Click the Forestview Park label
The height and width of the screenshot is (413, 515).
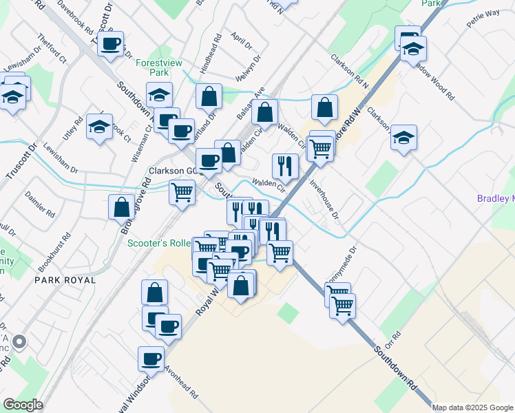point(159,67)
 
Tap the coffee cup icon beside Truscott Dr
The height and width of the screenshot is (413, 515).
point(110,45)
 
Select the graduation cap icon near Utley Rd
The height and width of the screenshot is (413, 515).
point(100,127)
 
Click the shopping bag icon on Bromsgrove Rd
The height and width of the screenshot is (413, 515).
point(122,207)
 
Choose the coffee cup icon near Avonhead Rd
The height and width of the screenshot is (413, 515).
point(151,358)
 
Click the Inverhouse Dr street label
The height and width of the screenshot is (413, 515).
point(324,200)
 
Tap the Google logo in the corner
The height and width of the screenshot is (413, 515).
point(23,404)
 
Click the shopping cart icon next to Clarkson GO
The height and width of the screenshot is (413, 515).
point(182,191)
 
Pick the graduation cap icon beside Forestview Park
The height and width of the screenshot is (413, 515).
point(159,94)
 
